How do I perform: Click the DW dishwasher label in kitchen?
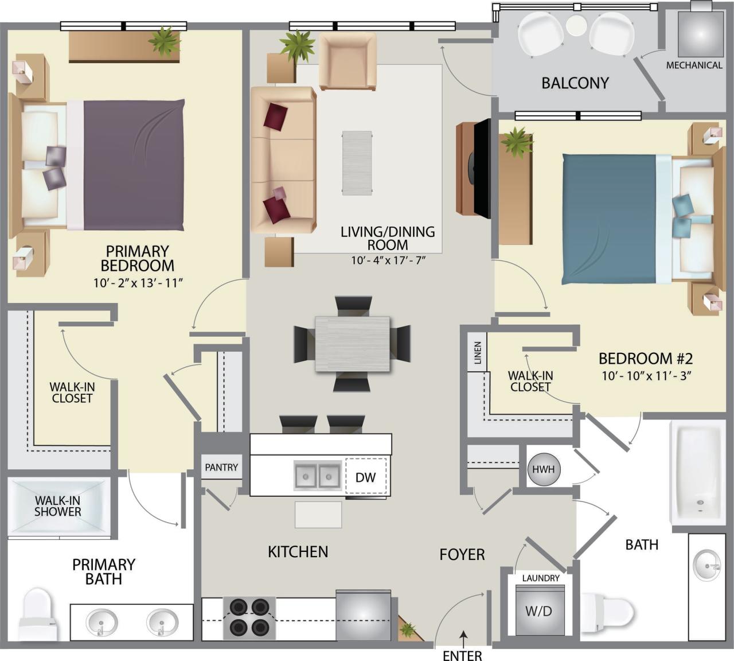(365, 477)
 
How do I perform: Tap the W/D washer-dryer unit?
(539, 611)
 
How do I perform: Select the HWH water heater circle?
(543, 469)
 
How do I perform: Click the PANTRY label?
(221, 468)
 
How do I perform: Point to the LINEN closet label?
(477, 353)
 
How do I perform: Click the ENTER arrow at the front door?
(463, 635)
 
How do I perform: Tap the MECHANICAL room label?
(694, 65)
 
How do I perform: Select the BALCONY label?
(575, 83)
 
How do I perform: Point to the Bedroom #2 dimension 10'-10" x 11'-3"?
(647, 376)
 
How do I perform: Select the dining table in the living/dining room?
(352, 344)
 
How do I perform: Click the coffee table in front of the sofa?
(357, 163)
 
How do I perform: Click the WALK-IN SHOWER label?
(57, 506)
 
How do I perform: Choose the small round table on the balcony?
(576, 26)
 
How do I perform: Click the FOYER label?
(462, 554)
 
